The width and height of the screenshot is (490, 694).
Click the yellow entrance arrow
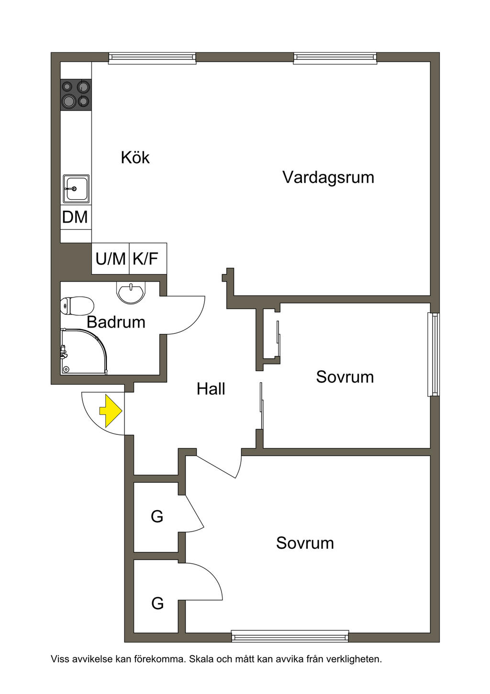coord(111,411)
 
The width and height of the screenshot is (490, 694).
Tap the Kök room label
coord(135,158)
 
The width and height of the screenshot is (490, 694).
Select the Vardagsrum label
coord(328,178)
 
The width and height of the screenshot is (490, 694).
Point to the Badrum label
coord(116,322)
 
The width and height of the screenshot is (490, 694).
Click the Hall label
coord(211,389)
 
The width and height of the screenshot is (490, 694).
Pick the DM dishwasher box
coord(76,217)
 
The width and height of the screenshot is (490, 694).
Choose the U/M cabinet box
coord(111,259)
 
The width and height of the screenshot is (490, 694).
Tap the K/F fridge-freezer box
coord(148,259)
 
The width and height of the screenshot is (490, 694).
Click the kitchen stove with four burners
coord(76,94)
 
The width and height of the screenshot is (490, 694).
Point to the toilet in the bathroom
coord(77,306)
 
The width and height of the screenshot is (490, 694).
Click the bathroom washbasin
coord(131,291)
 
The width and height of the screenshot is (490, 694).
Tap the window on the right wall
coord(434,354)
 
